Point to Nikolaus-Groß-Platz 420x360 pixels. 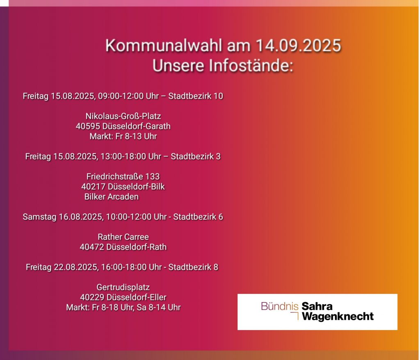[x=123, y=116]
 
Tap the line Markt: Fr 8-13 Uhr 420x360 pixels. [x=123, y=136]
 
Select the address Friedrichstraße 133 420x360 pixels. [x=123, y=177]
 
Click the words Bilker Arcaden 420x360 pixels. [x=112, y=197]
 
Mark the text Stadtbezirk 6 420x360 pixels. [x=198, y=217]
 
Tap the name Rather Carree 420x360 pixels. [x=123, y=237]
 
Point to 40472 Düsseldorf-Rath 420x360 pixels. [x=123, y=247]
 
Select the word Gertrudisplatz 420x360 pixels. [x=123, y=287]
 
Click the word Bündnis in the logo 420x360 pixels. [x=280, y=306]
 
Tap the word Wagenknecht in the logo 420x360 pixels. [x=338, y=316]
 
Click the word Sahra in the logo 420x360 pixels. [x=317, y=306]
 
